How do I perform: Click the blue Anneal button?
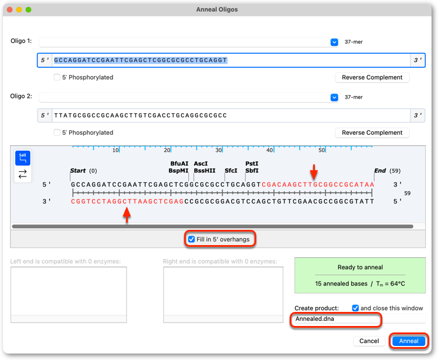[409, 341]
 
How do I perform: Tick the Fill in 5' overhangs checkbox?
[191, 239]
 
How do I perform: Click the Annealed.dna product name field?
[336, 319]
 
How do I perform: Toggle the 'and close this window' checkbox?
[355, 308]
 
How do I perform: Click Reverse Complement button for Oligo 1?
[372, 77]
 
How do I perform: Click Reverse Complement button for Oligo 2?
[372, 133]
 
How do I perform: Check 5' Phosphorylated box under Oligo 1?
[57, 77]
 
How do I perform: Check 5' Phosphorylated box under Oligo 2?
[57, 133]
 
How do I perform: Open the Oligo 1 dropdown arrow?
[334, 42]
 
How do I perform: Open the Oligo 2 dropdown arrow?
[334, 97]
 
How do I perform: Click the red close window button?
[10, 9]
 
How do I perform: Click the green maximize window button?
[28, 9]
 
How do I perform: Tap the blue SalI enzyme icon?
[23, 158]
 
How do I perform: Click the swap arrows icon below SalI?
[23, 174]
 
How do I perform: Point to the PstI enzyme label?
[252, 164]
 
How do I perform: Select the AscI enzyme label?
[201, 164]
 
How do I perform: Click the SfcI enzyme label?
[231, 171]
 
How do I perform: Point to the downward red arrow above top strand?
[314, 172]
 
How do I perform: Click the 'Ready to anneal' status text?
[360, 267]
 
